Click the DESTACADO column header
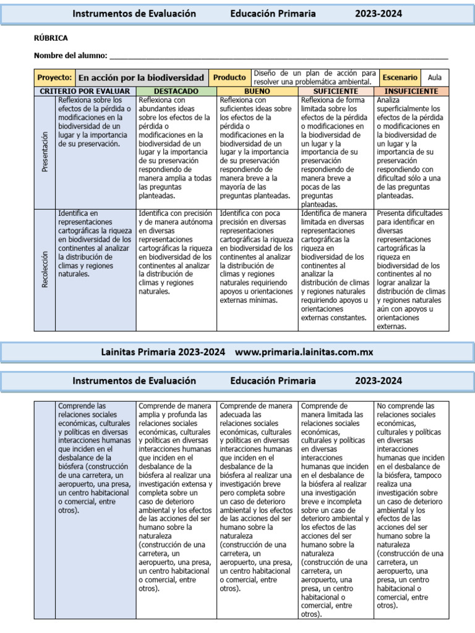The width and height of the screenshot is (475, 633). click(176, 91)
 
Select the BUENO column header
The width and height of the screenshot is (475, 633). click(257, 91)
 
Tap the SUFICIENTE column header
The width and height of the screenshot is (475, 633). click(336, 91)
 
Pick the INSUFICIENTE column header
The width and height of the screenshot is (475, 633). click(411, 91)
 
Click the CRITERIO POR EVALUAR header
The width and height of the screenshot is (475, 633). click(85, 91)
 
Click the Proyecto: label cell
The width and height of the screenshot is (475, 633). click(54, 78)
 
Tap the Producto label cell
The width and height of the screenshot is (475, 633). click(229, 78)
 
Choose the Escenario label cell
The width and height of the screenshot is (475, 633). click(400, 78)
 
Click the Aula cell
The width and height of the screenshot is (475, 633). click(435, 78)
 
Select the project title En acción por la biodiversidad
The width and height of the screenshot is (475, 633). click(141, 78)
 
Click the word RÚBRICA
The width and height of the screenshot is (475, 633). click(51, 38)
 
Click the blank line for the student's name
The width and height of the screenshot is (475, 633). click(278, 57)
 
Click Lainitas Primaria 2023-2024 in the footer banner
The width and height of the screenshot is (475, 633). click(163, 352)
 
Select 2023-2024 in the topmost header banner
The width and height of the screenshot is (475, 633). click(378, 14)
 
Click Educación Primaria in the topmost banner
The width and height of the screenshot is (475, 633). click(273, 14)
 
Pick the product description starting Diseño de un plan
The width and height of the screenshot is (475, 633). click(314, 77)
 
